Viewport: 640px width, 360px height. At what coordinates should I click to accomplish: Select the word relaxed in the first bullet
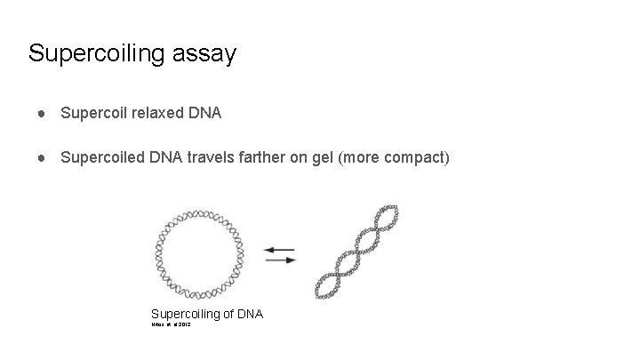click(x=156, y=113)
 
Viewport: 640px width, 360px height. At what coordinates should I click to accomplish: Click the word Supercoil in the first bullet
click(x=92, y=113)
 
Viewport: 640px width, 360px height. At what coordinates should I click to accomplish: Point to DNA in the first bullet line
click(x=204, y=113)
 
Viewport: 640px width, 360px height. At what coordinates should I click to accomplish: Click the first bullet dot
click(x=42, y=114)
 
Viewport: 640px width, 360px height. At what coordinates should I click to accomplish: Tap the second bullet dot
click(x=42, y=158)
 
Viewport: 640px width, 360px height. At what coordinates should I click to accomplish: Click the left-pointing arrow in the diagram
click(x=280, y=249)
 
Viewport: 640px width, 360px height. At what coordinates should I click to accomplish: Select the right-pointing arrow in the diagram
click(x=281, y=260)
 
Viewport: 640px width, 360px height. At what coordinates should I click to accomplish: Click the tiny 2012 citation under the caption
click(x=185, y=325)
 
